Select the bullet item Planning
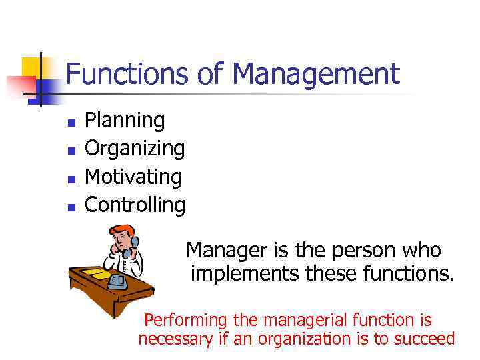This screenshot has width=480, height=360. click(x=125, y=121)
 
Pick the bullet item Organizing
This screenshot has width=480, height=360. click(x=135, y=149)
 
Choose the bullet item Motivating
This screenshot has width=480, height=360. click(x=134, y=177)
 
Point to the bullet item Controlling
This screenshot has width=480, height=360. click(x=135, y=205)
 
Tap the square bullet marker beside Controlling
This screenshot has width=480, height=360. click(x=71, y=207)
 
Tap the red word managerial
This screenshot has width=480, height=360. click(x=317, y=320)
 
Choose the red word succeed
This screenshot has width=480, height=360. click(x=423, y=339)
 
